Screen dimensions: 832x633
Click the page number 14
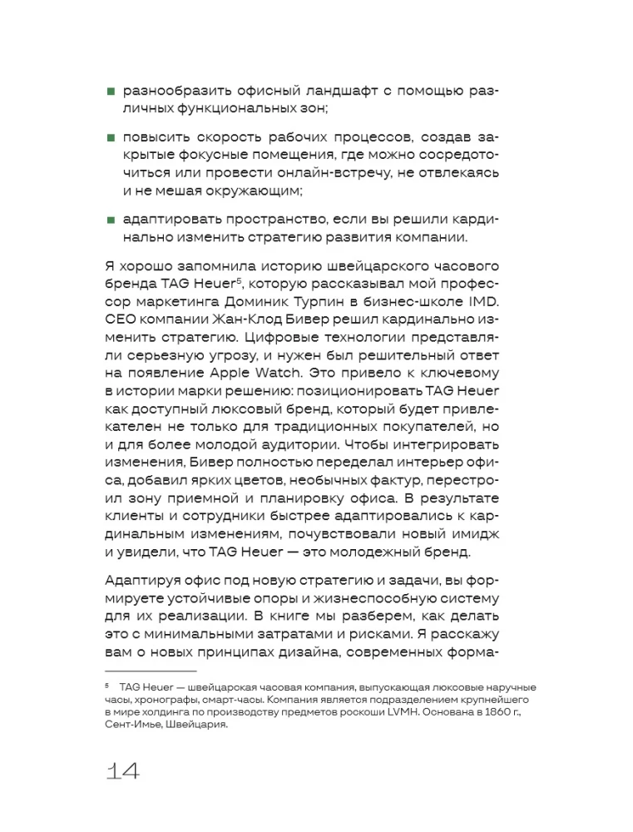click(x=123, y=770)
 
